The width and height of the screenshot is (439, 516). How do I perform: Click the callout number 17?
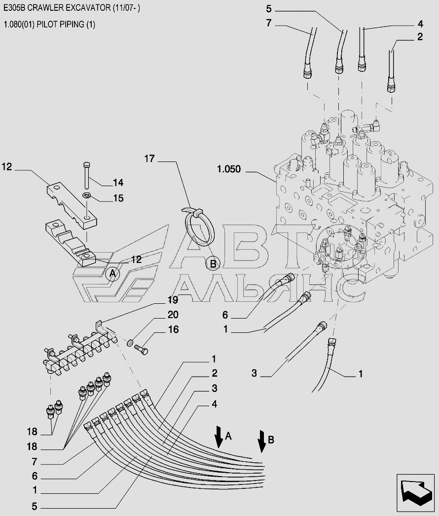pos(149,159)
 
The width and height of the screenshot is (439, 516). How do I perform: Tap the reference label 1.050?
pos(229,169)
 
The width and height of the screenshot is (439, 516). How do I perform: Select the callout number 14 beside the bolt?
pos(118,183)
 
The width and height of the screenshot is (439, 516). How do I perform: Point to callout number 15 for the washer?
pos(118,198)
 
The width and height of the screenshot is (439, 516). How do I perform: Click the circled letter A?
pos(113,273)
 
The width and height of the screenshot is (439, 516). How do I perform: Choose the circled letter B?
pos(213,263)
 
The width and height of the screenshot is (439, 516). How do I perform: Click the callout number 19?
pos(173,300)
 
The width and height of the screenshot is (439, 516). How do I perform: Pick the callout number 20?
pos(173,315)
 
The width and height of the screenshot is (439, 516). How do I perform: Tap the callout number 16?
pos(173,329)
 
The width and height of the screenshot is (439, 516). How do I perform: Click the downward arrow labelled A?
pos(218,436)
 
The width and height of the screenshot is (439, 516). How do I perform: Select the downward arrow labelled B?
pos(262,441)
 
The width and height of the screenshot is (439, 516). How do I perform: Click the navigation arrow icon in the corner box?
pos(415,494)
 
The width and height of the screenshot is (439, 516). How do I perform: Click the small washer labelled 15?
pos(87,196)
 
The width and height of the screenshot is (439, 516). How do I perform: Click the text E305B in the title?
pos(14,8)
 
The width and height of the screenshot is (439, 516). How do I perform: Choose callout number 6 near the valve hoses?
pos(225,315)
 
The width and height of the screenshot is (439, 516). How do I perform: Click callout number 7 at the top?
pos(269,23)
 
